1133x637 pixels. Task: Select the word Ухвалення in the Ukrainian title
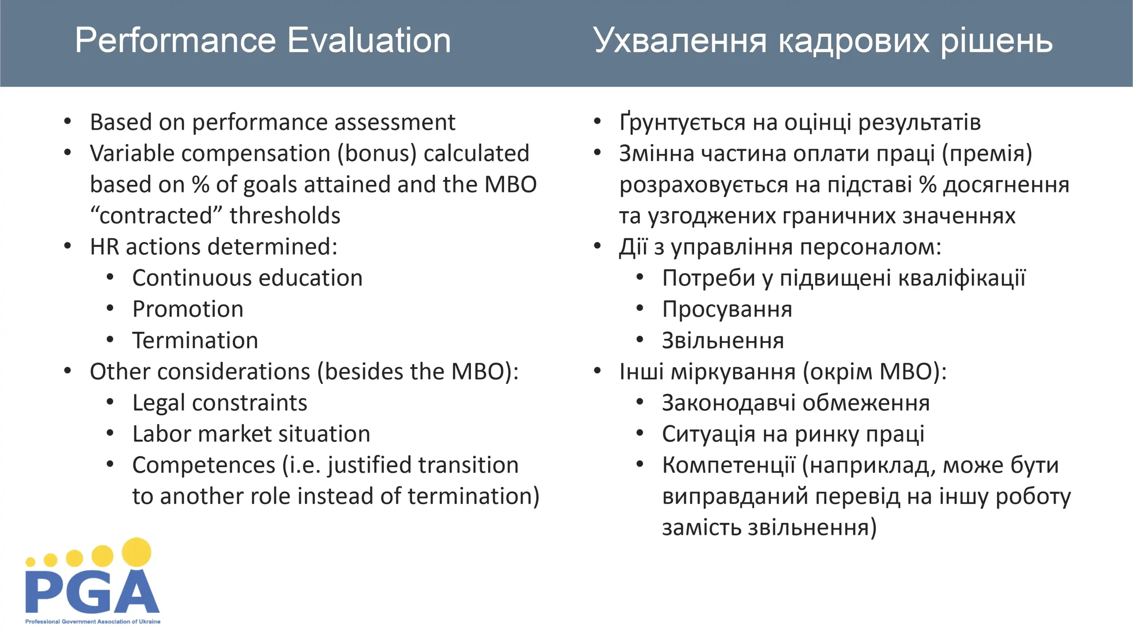pyautogui.click(x=679, y=41)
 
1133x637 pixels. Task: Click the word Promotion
pyautogui.click(x=188, y=309)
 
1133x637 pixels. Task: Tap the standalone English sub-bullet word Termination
pyautogui.click(x=195, y=340)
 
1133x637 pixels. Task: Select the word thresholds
pyautogui.click(x=285, y=215)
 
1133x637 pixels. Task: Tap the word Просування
pyautogui.click(x=727, y=310)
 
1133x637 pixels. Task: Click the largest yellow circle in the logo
pyautogui.click(x=136, y=553)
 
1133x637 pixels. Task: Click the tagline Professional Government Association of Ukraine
pyautogui.click(x=93, y=622)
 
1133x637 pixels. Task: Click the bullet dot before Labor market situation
pyautogui.click(x=110, y=433)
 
